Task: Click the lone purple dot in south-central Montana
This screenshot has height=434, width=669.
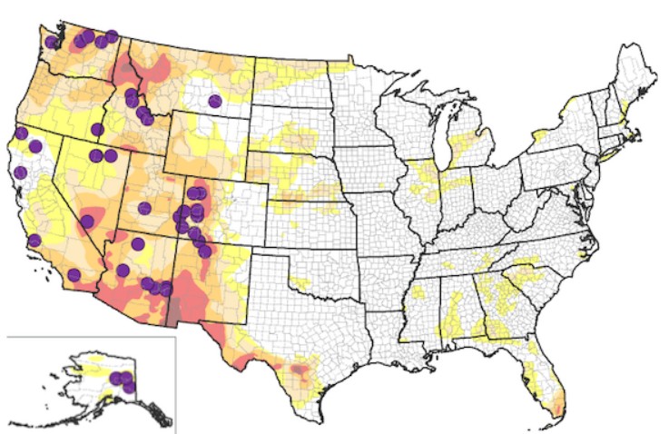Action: pos(214,101)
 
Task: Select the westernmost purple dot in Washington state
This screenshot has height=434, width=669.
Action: pos(51,42)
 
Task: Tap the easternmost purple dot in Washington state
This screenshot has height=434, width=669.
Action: pos(112,36)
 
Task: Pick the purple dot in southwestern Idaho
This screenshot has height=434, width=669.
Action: pos(97,129)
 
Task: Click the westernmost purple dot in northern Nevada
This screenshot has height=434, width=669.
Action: pos(95,155)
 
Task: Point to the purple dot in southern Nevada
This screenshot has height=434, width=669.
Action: pos(88,221)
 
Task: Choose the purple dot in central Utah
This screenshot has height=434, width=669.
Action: pos(143,208)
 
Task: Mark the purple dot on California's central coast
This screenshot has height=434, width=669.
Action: pos(34,241)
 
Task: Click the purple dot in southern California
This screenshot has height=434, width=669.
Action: pos(74,274)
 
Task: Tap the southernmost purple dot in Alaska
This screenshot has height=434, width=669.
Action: pos(129,387)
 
